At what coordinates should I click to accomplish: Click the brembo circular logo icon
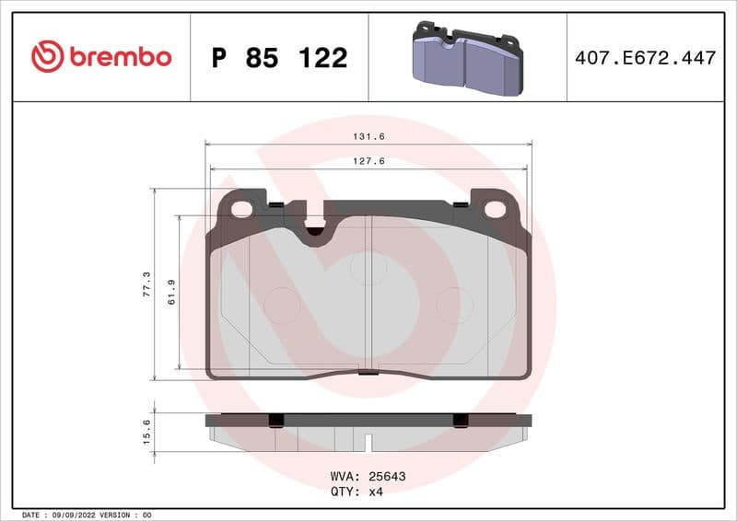(x=47, y=57)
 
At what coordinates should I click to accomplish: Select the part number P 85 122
(x=279, y=58)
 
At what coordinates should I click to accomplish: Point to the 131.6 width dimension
(x=368, y=135)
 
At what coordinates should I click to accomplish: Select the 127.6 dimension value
(x=368, y=160)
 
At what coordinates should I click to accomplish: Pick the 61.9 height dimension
(x=171, y=294)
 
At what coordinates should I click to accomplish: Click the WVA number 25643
(x=388, y=477)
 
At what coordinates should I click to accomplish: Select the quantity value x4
(x=375, y=492)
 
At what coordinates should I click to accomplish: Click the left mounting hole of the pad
(x=241, y=209)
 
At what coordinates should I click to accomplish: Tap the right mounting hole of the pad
(x=495, y=209)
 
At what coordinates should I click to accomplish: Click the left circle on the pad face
(x=282, y=305)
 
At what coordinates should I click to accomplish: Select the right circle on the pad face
(x=453, y=305)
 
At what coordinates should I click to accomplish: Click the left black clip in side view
(x=274, y=421)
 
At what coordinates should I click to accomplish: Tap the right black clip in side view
(x=461, y=421)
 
